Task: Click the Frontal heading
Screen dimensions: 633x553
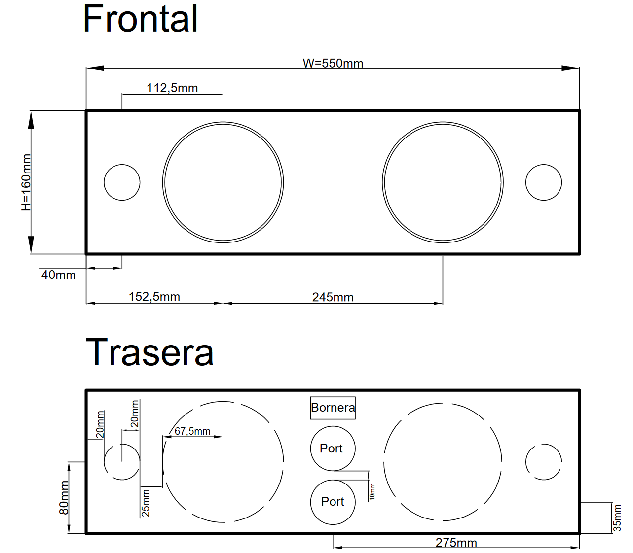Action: [x=140, y=19]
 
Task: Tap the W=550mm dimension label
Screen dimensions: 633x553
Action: [x=333, y=64]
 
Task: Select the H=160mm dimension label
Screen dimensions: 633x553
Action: [x=26, y=182]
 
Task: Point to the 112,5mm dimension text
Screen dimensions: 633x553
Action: [x=172, y=88]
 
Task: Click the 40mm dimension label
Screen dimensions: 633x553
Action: [x=59, y=275]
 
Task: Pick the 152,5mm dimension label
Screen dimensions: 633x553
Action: [x=154, y=297]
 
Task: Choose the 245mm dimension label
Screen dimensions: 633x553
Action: [x=333, y=297]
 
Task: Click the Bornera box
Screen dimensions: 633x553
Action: [x=333, y=408]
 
